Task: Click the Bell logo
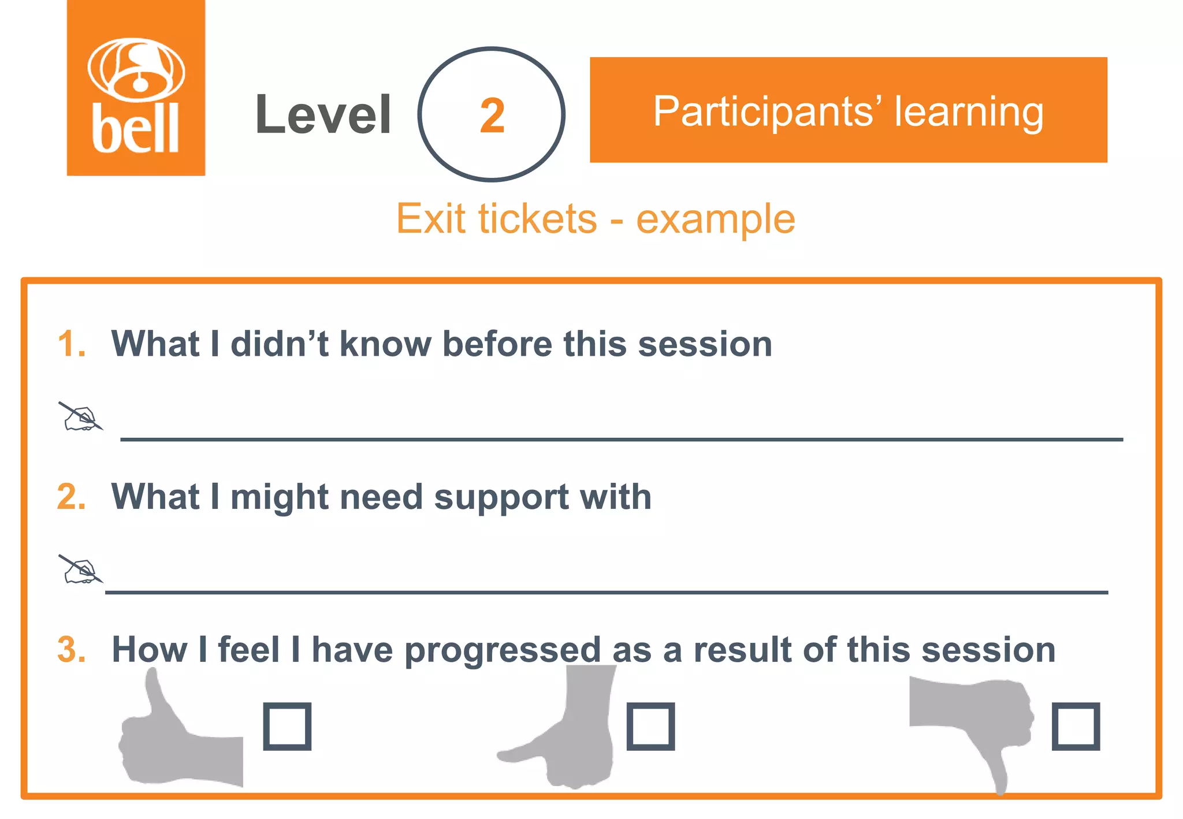pos(136,88)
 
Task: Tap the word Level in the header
pos(323,115)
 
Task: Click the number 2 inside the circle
pos(492,116)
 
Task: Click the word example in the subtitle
pos(716,220)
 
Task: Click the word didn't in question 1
pos(280,344)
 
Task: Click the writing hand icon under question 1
pos(81,417)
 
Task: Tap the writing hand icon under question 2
pos(81,569)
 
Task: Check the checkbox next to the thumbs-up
pos(287,726)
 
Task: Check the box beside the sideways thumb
pos(650,726)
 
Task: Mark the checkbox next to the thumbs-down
pos(1076,726)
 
